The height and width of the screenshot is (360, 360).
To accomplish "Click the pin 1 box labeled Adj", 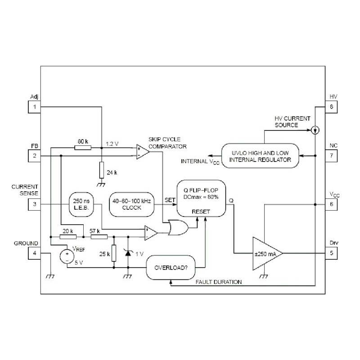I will (34, 107).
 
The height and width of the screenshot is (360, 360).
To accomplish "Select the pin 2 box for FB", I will (34, 156).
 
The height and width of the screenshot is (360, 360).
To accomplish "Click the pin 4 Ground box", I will (34, 253).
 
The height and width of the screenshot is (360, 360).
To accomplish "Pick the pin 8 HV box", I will (332, 107).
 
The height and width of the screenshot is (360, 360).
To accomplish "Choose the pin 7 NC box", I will (332, 156).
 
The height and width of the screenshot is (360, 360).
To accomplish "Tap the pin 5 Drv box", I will (332, 253).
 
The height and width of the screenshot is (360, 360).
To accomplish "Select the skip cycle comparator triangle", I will (142, 151).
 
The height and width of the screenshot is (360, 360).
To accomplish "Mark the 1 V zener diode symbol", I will (128, 254).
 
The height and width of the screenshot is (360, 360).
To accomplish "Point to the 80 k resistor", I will (82, 147).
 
